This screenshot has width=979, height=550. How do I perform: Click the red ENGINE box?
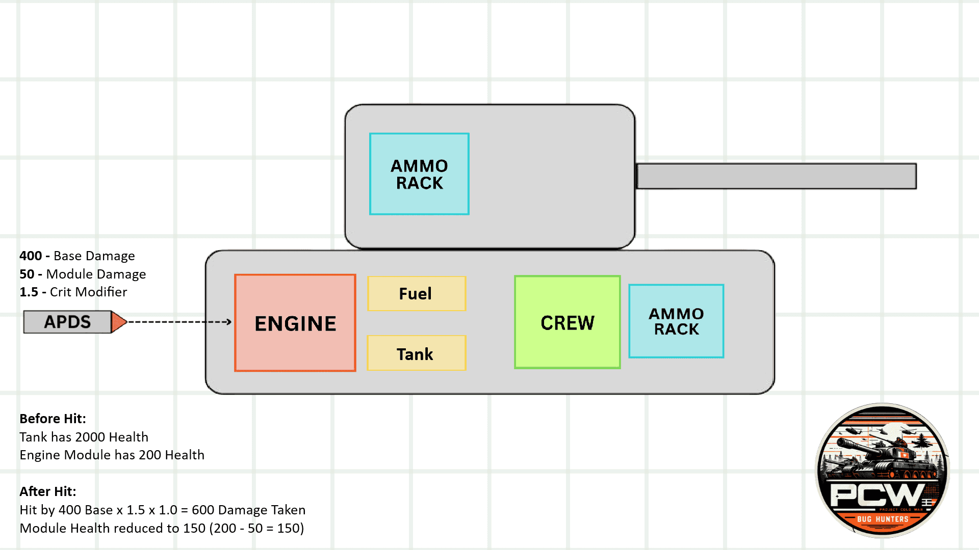tap(295, 323)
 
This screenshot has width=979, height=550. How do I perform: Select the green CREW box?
tap(567, 322)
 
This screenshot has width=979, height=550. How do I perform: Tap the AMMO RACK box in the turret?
tap(419, 174)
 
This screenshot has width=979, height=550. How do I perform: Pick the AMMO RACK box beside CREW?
tap(676, 321)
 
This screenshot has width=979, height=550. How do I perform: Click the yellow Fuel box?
tap(416, 294)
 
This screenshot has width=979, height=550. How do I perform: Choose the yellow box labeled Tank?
tap(416, 353)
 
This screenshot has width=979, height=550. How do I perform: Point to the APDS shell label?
tap(67, 322)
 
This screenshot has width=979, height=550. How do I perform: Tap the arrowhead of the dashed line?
tap(229, 322)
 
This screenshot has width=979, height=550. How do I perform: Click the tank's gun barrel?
tap(776, 176)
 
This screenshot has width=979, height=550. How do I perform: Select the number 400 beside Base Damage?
tap(31, 256)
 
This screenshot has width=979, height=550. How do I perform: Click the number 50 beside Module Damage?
tap(27, 274)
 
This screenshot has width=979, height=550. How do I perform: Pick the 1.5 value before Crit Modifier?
tap(29, 292)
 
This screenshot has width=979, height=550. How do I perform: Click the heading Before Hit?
tap(53, 419)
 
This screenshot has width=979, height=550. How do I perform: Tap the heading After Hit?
tap(47, 491)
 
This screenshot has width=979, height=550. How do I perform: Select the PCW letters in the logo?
tap(877, 493)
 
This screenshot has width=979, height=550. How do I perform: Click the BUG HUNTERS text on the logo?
tap(883, 519)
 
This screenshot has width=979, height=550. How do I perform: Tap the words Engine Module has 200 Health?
tap(112, 455)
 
